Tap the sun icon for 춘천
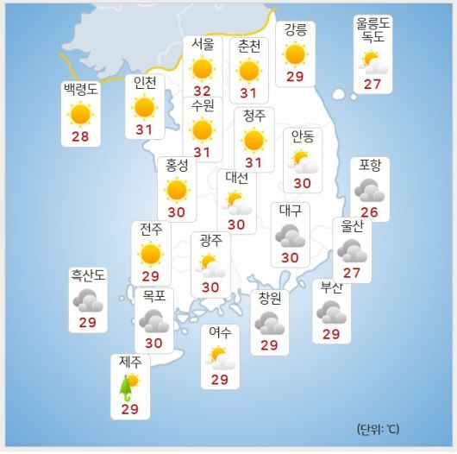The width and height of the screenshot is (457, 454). [x=249, y=70]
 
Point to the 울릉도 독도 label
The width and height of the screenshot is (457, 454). [x=372, y=31]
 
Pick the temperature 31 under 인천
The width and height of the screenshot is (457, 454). [x=144, y=130]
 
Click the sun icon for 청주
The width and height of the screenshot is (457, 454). [x=254, y=140]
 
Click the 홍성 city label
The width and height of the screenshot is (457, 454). [x=177, y=165]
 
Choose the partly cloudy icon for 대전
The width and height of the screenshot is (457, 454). [x=236, y=203]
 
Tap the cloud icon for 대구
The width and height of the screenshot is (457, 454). [x=290, y=235]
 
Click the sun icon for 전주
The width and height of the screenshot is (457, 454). [x=151, y=254]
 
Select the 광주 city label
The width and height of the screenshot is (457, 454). [x=210, y=239]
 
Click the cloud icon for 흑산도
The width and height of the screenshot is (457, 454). [x=88, y=300]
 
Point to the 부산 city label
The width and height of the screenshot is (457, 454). [x=331, y=288]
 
